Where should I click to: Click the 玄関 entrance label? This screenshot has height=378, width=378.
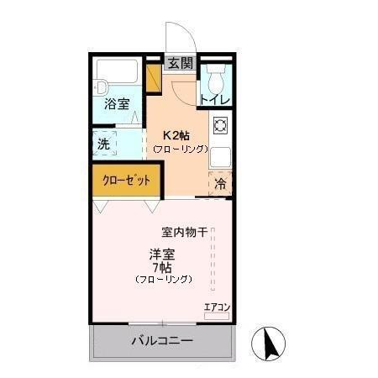[x=179, y=63]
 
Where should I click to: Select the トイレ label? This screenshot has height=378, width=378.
[x=214, y=99]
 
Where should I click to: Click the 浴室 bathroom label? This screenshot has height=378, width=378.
[x=118, y=104]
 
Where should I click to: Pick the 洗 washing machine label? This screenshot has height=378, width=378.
[x=103, y=144]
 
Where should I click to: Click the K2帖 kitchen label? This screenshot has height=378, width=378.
[x=177, y=134]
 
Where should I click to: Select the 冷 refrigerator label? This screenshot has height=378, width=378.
[x=220, y=184]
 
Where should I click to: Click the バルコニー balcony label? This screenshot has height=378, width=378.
[x=161, y=342]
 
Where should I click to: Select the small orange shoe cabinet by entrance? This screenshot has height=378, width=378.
[x=154, y=76]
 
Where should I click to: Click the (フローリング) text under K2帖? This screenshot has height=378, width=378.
[x=179, y=148]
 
